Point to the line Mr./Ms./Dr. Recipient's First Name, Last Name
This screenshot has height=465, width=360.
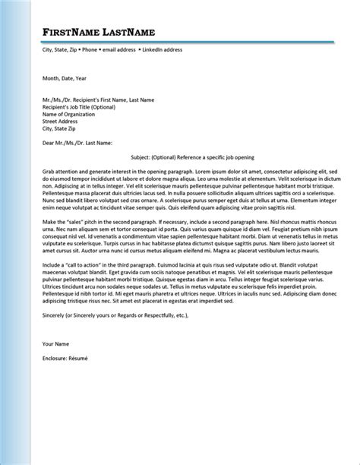click(x=99, y=100)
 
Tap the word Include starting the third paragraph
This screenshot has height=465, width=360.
click(x=53, y=283)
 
